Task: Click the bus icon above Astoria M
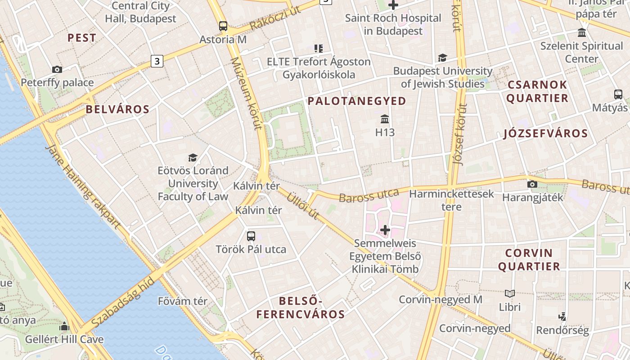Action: pos(223,26)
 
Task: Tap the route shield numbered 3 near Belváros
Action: pos(157,61)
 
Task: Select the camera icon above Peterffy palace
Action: pos(57,69)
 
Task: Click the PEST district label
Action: pos(82,38)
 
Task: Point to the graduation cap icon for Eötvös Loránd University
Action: pos(193,157)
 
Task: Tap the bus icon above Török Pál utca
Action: pos(251,236)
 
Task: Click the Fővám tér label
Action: pos(183,301)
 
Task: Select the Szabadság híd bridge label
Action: pos(122,303)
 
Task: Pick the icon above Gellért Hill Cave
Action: pos(64,326)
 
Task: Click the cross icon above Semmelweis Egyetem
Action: pos(385,230)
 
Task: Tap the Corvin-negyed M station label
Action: pos(441,299)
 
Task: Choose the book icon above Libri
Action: pos(509,294)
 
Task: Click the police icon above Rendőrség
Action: pos(562,317)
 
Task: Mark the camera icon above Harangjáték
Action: pos(532,184)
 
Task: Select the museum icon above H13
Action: pos(385,119)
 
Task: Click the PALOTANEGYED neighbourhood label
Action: pos(357,101)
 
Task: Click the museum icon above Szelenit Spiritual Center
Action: pos(582,33)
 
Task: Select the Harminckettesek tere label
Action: pos(451,200)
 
